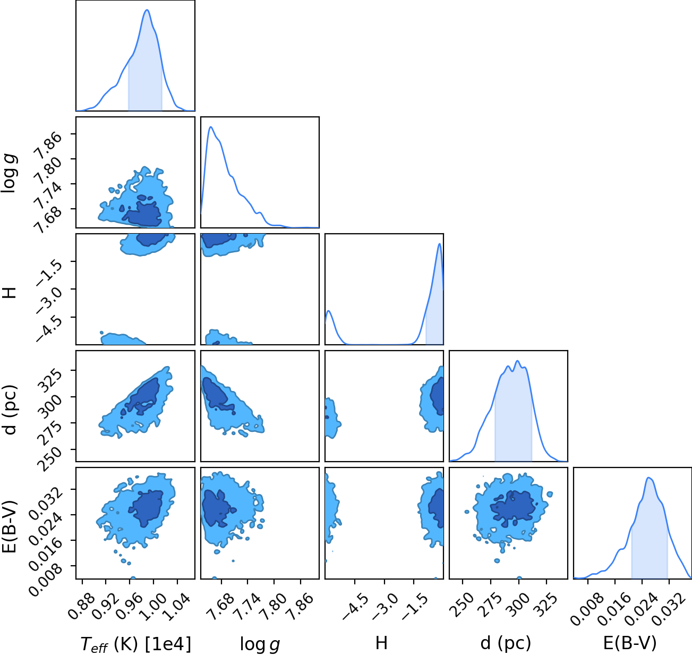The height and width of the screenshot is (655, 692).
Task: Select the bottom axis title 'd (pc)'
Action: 506,643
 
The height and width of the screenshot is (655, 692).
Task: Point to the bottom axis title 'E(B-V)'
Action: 630,643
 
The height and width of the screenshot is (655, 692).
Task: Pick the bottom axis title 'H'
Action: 381,643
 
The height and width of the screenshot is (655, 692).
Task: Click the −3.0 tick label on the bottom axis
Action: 385,607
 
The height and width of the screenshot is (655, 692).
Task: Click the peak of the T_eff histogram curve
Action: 147,10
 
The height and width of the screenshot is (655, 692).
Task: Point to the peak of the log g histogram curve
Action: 210,127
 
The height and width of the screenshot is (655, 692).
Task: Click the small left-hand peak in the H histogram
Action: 329,311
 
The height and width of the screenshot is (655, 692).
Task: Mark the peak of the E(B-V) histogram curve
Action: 649,478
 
